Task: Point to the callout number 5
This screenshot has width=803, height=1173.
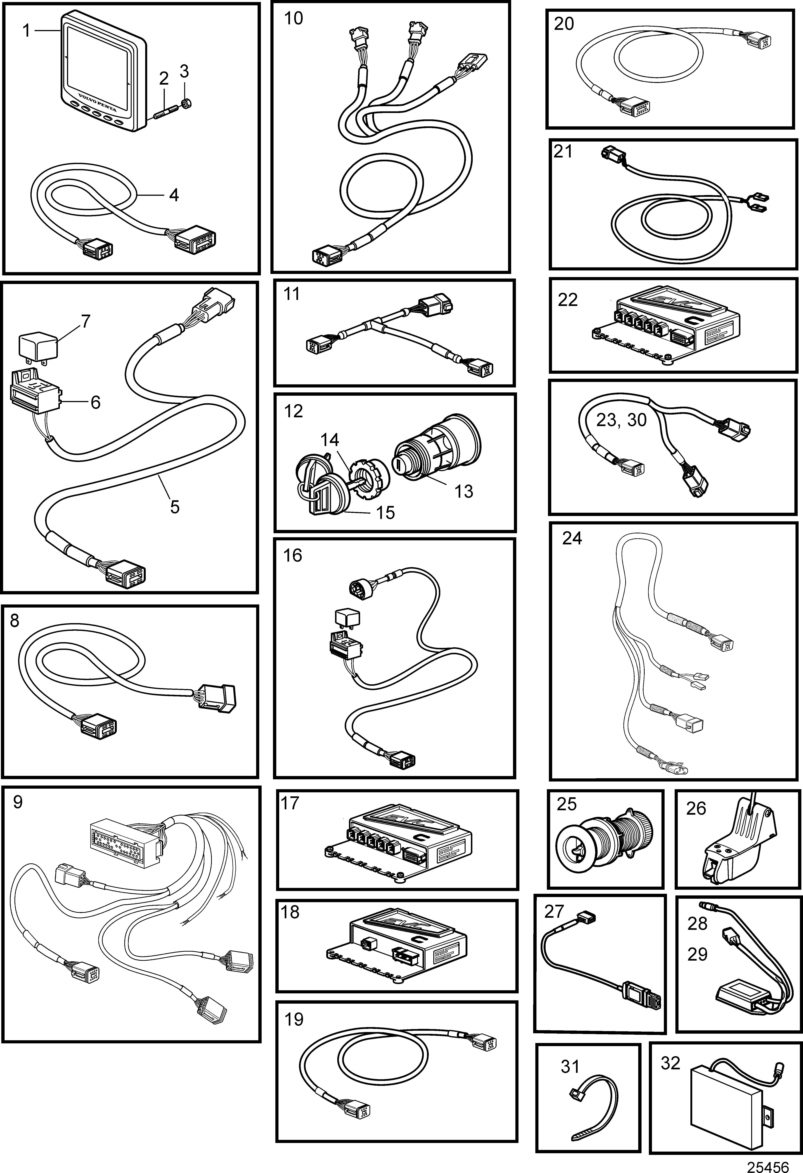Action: pyautogui.click(x=175, y=506)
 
